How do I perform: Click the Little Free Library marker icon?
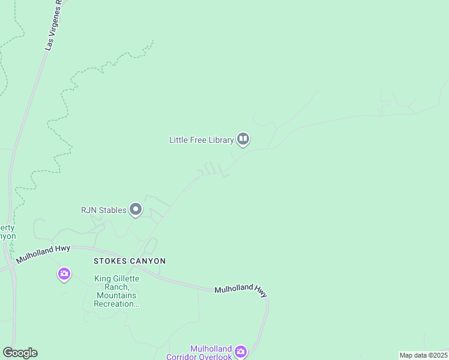coord(243,140)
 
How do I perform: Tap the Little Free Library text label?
coord(201,140)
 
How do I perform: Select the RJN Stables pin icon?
coord(136,210)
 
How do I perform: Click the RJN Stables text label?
coord(104,210)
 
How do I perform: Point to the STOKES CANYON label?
coord(130,261)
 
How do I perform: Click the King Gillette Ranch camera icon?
coord(64,274)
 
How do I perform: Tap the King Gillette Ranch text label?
coord(116,291)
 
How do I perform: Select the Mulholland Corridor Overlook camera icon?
coord(240,351)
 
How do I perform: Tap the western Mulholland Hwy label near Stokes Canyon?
coord(43,254)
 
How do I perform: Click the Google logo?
coord(20,353)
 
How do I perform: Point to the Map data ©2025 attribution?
coord(423,355)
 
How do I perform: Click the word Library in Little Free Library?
coord(219,140)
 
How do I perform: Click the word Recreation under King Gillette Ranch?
coord(116,304)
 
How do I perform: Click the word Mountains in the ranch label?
coord(116,295)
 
